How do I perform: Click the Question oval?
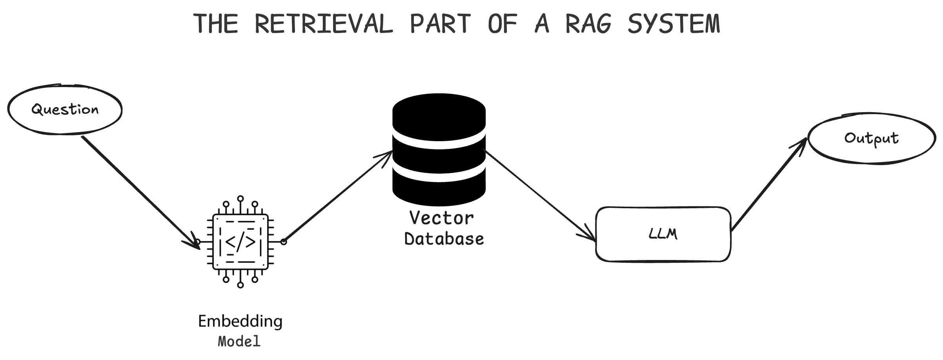click(x=65, y=109)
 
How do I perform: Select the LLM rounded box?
click(x=663, y=234)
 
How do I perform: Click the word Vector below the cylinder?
click(x=441, y=218)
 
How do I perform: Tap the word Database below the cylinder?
click(x=444, y=239)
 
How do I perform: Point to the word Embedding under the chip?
click(x=240, y=322)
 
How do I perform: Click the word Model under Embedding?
click(x=239, y=341)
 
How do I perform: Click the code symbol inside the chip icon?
click(x=240, y=242)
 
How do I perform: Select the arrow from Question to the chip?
click(x=137, y=190)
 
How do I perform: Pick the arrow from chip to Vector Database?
click(x=337, y=196)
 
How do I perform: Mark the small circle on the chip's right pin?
click(x=284, y=242)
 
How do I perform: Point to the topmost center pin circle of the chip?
click(x=240, y=198)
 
